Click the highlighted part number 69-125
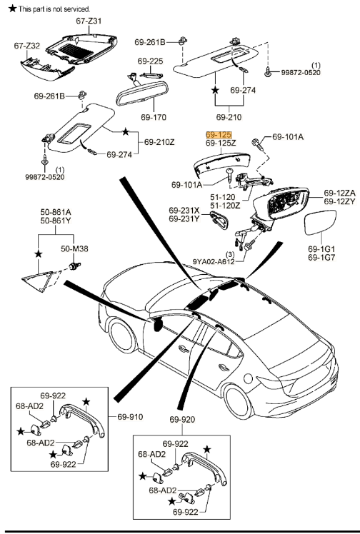(218, 134)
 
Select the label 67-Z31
(89, 21)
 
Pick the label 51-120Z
(224, 205)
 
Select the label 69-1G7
(321, 257)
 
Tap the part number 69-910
(131, 416)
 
